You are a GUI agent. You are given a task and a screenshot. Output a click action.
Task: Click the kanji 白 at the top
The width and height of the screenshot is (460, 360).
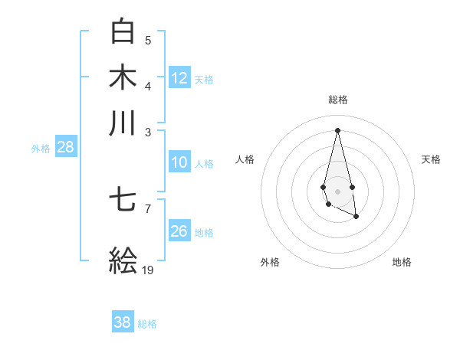[x=123, y=31]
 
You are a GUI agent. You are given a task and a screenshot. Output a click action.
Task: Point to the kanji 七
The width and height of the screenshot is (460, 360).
[x=123, y=201]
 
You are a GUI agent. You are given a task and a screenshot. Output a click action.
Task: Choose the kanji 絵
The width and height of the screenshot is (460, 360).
[x=123, y=260]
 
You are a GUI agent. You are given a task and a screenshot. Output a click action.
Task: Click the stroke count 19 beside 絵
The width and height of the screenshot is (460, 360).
[x=148, y=270]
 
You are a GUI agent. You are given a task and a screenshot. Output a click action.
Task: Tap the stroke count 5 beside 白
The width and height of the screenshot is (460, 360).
[x=148, y=40]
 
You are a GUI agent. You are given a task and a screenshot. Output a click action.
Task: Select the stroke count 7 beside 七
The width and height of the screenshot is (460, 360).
[x=148, y=208]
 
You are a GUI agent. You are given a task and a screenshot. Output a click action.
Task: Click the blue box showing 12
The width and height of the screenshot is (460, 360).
[x=179, y=78]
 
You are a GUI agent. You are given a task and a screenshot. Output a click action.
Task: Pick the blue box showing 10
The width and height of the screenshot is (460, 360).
[x=179, y=162]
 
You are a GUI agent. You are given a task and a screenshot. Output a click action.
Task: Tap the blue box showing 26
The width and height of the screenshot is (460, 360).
[x=179, y=231]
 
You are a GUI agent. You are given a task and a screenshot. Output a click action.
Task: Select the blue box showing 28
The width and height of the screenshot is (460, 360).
[x=65, y=148]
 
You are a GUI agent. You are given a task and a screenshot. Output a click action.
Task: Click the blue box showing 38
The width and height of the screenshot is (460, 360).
[x=123, y=322]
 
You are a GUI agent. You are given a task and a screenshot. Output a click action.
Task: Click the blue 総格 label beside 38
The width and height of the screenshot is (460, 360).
[x=147, y=324]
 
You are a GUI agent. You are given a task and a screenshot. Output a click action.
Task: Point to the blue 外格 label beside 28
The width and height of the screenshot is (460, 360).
[x=41, y=149]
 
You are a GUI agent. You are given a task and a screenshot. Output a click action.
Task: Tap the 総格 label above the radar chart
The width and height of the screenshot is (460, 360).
[x=337, y=100]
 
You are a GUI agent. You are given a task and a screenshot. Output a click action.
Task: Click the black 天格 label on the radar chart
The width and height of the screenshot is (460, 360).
[x=431, y=159]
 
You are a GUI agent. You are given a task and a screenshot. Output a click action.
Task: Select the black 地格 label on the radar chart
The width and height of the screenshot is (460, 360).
[x=402, y=262]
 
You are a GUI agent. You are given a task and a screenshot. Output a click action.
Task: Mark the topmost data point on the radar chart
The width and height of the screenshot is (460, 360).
[x=337, y=129]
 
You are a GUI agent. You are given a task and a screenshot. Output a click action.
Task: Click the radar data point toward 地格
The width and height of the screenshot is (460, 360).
[x=356, y=217]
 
